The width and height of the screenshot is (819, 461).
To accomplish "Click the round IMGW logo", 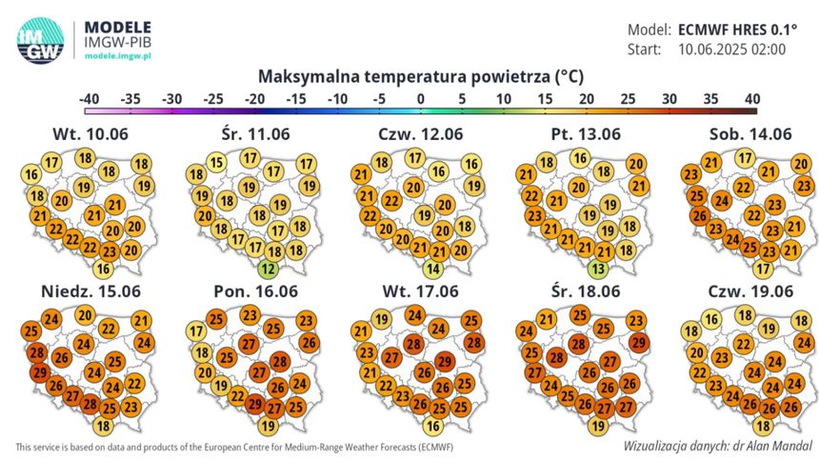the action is (x=40, y=41).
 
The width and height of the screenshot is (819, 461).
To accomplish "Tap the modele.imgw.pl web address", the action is (x=118, y=56).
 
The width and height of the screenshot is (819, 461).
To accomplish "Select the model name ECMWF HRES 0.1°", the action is (x=737, y=30).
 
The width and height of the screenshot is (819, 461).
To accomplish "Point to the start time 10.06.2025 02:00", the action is (x=731, y=50).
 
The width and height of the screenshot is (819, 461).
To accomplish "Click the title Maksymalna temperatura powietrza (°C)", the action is (x=421, y=77).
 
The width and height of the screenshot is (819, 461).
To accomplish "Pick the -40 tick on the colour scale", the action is (x=89, y=99).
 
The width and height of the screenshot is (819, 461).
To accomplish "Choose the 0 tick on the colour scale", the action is (x=421, y=99).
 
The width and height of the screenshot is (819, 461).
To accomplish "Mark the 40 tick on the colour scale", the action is (x=752, y=99).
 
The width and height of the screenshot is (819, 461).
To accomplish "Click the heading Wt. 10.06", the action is (x=90, y=134).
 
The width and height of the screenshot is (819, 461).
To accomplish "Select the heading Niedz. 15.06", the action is (x=90, y=291).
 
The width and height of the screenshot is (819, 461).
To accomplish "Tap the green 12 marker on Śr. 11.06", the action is (x=268, y=270).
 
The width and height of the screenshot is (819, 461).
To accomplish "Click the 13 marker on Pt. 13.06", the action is (x=598, y=270).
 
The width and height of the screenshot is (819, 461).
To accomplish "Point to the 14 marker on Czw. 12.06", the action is (x=433, y=270).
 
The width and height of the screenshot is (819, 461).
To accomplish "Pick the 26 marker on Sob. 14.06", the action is (x=700, y=216).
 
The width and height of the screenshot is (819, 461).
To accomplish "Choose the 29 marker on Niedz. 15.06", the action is (x=40, y=372).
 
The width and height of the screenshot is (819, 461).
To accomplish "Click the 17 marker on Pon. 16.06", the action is (x=196, y=331).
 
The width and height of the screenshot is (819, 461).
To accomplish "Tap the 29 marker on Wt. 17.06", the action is (x=444, y=362).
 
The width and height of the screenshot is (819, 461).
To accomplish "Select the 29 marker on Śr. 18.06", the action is (x=639, y=343).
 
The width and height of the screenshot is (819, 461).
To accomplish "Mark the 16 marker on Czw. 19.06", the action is (x=711, y=320).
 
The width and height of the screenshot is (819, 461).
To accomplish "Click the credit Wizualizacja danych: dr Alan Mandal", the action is (x=718, y=446).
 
